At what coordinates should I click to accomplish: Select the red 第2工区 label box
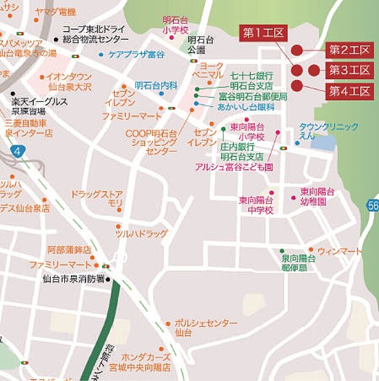350,50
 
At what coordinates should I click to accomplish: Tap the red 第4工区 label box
350,92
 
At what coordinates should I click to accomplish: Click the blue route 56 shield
373,206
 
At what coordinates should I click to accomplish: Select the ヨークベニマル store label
212,70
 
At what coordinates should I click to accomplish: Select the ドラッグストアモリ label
98,198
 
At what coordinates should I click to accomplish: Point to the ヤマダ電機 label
56,12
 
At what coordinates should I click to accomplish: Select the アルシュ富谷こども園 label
234,166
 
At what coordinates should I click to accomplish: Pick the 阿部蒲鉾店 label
69,250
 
